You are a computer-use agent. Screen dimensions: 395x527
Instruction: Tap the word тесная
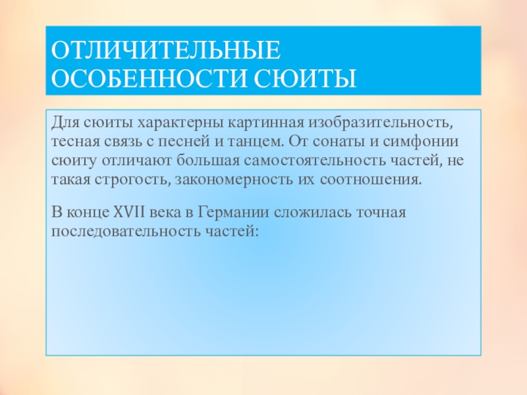(x=72, y=142)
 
